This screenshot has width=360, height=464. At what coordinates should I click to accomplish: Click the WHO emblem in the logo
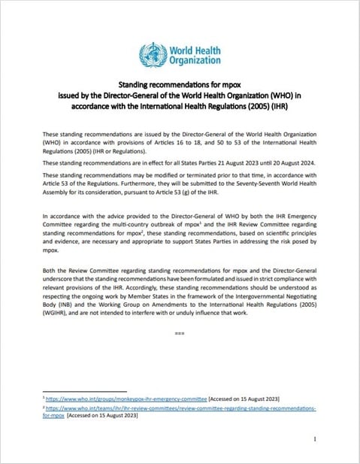coord(153,53)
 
